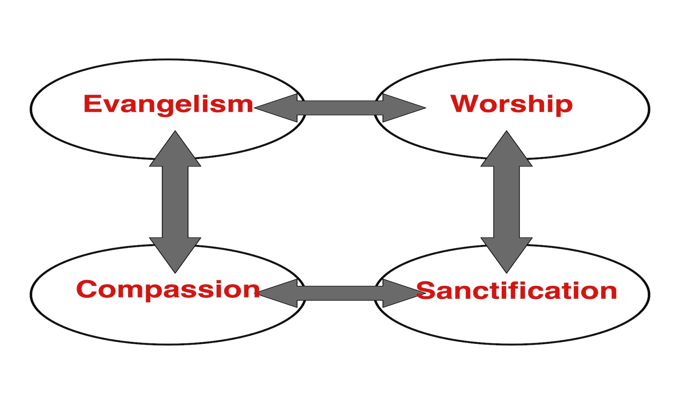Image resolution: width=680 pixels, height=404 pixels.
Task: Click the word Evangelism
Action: [168, 104]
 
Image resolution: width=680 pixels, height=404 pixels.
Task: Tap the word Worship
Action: [511, 104]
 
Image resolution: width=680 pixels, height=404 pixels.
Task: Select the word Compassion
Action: [168, 290]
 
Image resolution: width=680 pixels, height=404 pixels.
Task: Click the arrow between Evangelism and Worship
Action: [340, 108]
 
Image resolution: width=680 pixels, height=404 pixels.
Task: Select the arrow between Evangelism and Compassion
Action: [175, 202]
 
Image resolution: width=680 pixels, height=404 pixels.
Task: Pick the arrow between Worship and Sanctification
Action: [506, 202]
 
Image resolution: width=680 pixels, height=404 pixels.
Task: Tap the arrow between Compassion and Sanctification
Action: [340, 293]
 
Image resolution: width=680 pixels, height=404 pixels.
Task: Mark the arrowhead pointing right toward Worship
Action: [402, 108]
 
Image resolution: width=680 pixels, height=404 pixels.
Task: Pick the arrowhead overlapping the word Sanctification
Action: [400, 293]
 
